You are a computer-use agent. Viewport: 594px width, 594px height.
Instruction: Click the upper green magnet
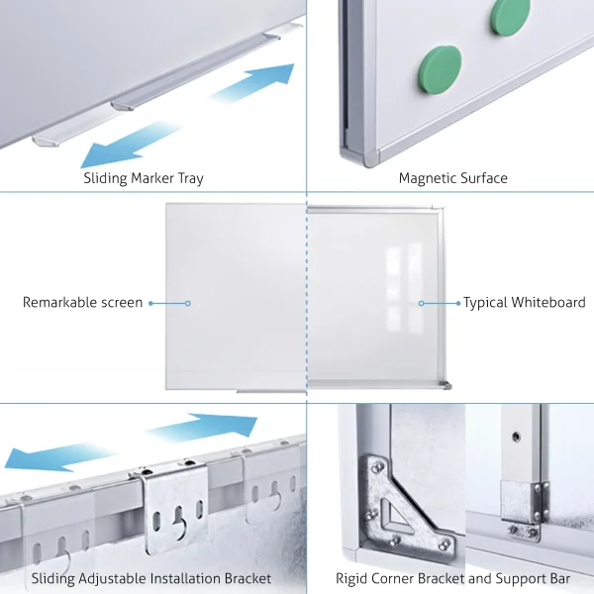click(510, 16)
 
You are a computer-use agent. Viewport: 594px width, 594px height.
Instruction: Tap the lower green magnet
click(441, 70)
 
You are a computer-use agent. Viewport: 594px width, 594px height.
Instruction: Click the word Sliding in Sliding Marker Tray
click(105, 178)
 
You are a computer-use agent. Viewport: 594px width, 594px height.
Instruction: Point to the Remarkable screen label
click(82, 302)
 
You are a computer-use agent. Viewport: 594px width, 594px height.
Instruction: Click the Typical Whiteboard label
click(525, 302)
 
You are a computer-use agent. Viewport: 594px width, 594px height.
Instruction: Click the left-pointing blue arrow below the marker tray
click(131, 145)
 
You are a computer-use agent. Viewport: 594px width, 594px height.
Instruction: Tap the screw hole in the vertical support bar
click(516, 437)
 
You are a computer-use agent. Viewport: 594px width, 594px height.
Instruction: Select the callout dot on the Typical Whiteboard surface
click(422, 303)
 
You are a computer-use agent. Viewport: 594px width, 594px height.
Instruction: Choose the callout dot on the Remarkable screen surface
click(188, 303)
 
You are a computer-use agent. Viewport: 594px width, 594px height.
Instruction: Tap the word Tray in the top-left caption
click(191, 179)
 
